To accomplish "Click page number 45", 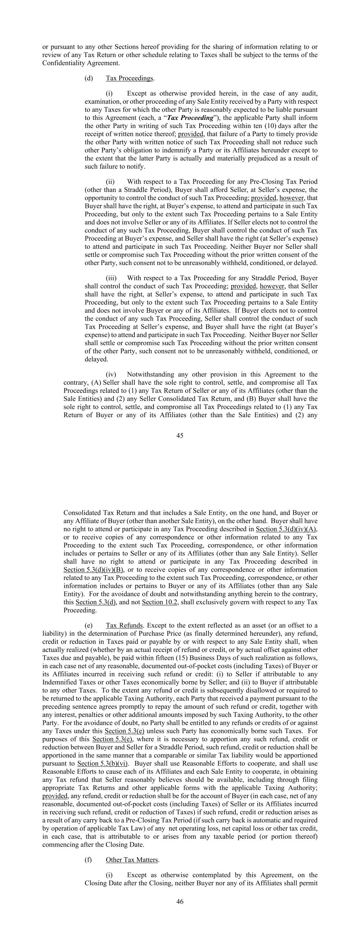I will point(180,436).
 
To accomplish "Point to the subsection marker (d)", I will point(89,78).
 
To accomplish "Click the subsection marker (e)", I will point(89,625).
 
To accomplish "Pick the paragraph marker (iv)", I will point(111,374).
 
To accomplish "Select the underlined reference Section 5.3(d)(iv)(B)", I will point(94,569).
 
